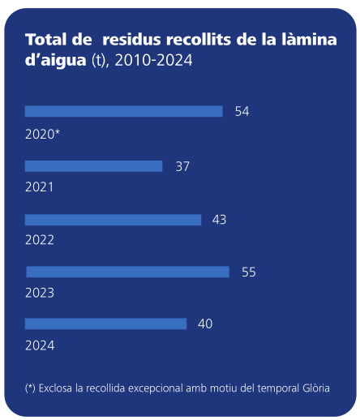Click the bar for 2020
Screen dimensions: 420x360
coord(123,111)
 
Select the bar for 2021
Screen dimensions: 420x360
coord(93,166)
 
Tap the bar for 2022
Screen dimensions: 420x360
coord(113,220)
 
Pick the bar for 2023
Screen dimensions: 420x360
coord(127,272)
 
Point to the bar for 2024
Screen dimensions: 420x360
coord(105,324)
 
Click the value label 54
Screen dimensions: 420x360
coord(242,111)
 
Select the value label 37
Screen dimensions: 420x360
coord(182,166)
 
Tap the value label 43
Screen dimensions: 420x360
coord(219,220)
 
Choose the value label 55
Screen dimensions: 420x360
coord(249,272)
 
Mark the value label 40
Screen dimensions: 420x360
coord(205,324)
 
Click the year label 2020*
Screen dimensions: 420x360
coord(43,133)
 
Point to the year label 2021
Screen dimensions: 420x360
coord(40,186)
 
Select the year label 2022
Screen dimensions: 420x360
coord(40,240)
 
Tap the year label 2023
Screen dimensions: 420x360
coord(40,293)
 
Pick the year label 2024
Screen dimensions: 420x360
coord(40,345)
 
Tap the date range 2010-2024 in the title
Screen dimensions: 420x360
coord(154,62)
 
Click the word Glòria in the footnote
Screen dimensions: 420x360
coord(314,388)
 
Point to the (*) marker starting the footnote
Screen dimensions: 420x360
coord(30,388)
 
